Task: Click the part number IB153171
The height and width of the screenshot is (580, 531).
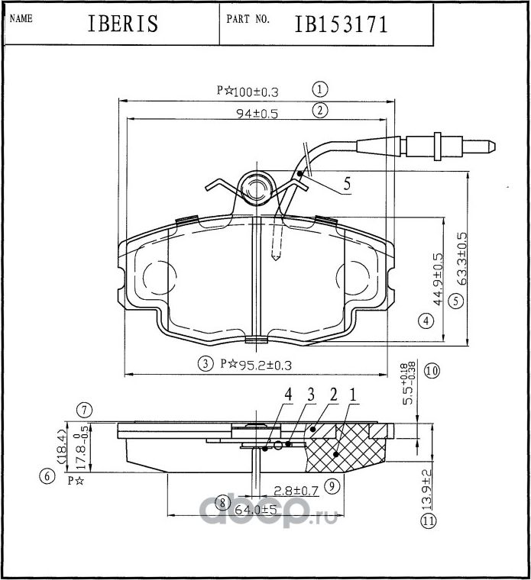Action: pyautogui.click(x=341, y=24)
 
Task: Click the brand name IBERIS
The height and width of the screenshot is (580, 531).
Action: pyautogui.click(x=123, y=23)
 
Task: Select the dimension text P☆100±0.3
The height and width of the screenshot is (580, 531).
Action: pyautogui.click(x=248, y=91)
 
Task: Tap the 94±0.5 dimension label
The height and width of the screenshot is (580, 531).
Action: pyautogui.click(x=257, y=114)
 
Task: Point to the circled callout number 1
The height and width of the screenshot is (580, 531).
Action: pyautogui.click(x=320, y=89)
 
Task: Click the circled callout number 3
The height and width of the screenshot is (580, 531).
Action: pyautogui.click(x=206, y=364)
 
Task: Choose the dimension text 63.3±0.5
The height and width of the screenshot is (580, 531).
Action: pyautogui.click(x=461, y=259)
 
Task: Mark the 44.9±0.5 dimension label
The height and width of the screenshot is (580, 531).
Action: pyautogui.click(x=438, y=279)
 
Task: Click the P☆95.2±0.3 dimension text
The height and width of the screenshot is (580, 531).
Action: pyautogui.click(x=256, y=365)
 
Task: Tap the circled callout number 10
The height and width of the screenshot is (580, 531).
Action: pyautogui.click(x=432, y=370)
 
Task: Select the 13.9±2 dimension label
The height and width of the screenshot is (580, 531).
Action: pyautogui.click(x=427, y=489)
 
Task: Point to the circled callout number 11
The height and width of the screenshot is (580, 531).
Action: pyautogui.click(x=429, y=521)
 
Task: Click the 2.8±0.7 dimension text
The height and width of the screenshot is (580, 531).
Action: pyautogui.click(x=296, y=491)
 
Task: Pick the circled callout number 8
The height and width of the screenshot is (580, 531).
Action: pyautogui.click(x=222, y=502)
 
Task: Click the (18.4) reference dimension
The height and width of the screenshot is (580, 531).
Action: pyautogui.click(x=61, y=447)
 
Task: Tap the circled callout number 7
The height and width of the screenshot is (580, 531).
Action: pyautogui.click(x=84, y=411)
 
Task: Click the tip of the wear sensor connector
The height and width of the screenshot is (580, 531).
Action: pyautogui.click(x=495, y=146)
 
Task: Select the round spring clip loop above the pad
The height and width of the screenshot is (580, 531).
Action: pyautogui.click(x=256, y=188)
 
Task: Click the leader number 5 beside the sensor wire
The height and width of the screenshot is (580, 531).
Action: pyautogui.click(x=347, y=184)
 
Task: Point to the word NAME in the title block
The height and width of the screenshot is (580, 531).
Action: pyautogui.click(x=21, y=18)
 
